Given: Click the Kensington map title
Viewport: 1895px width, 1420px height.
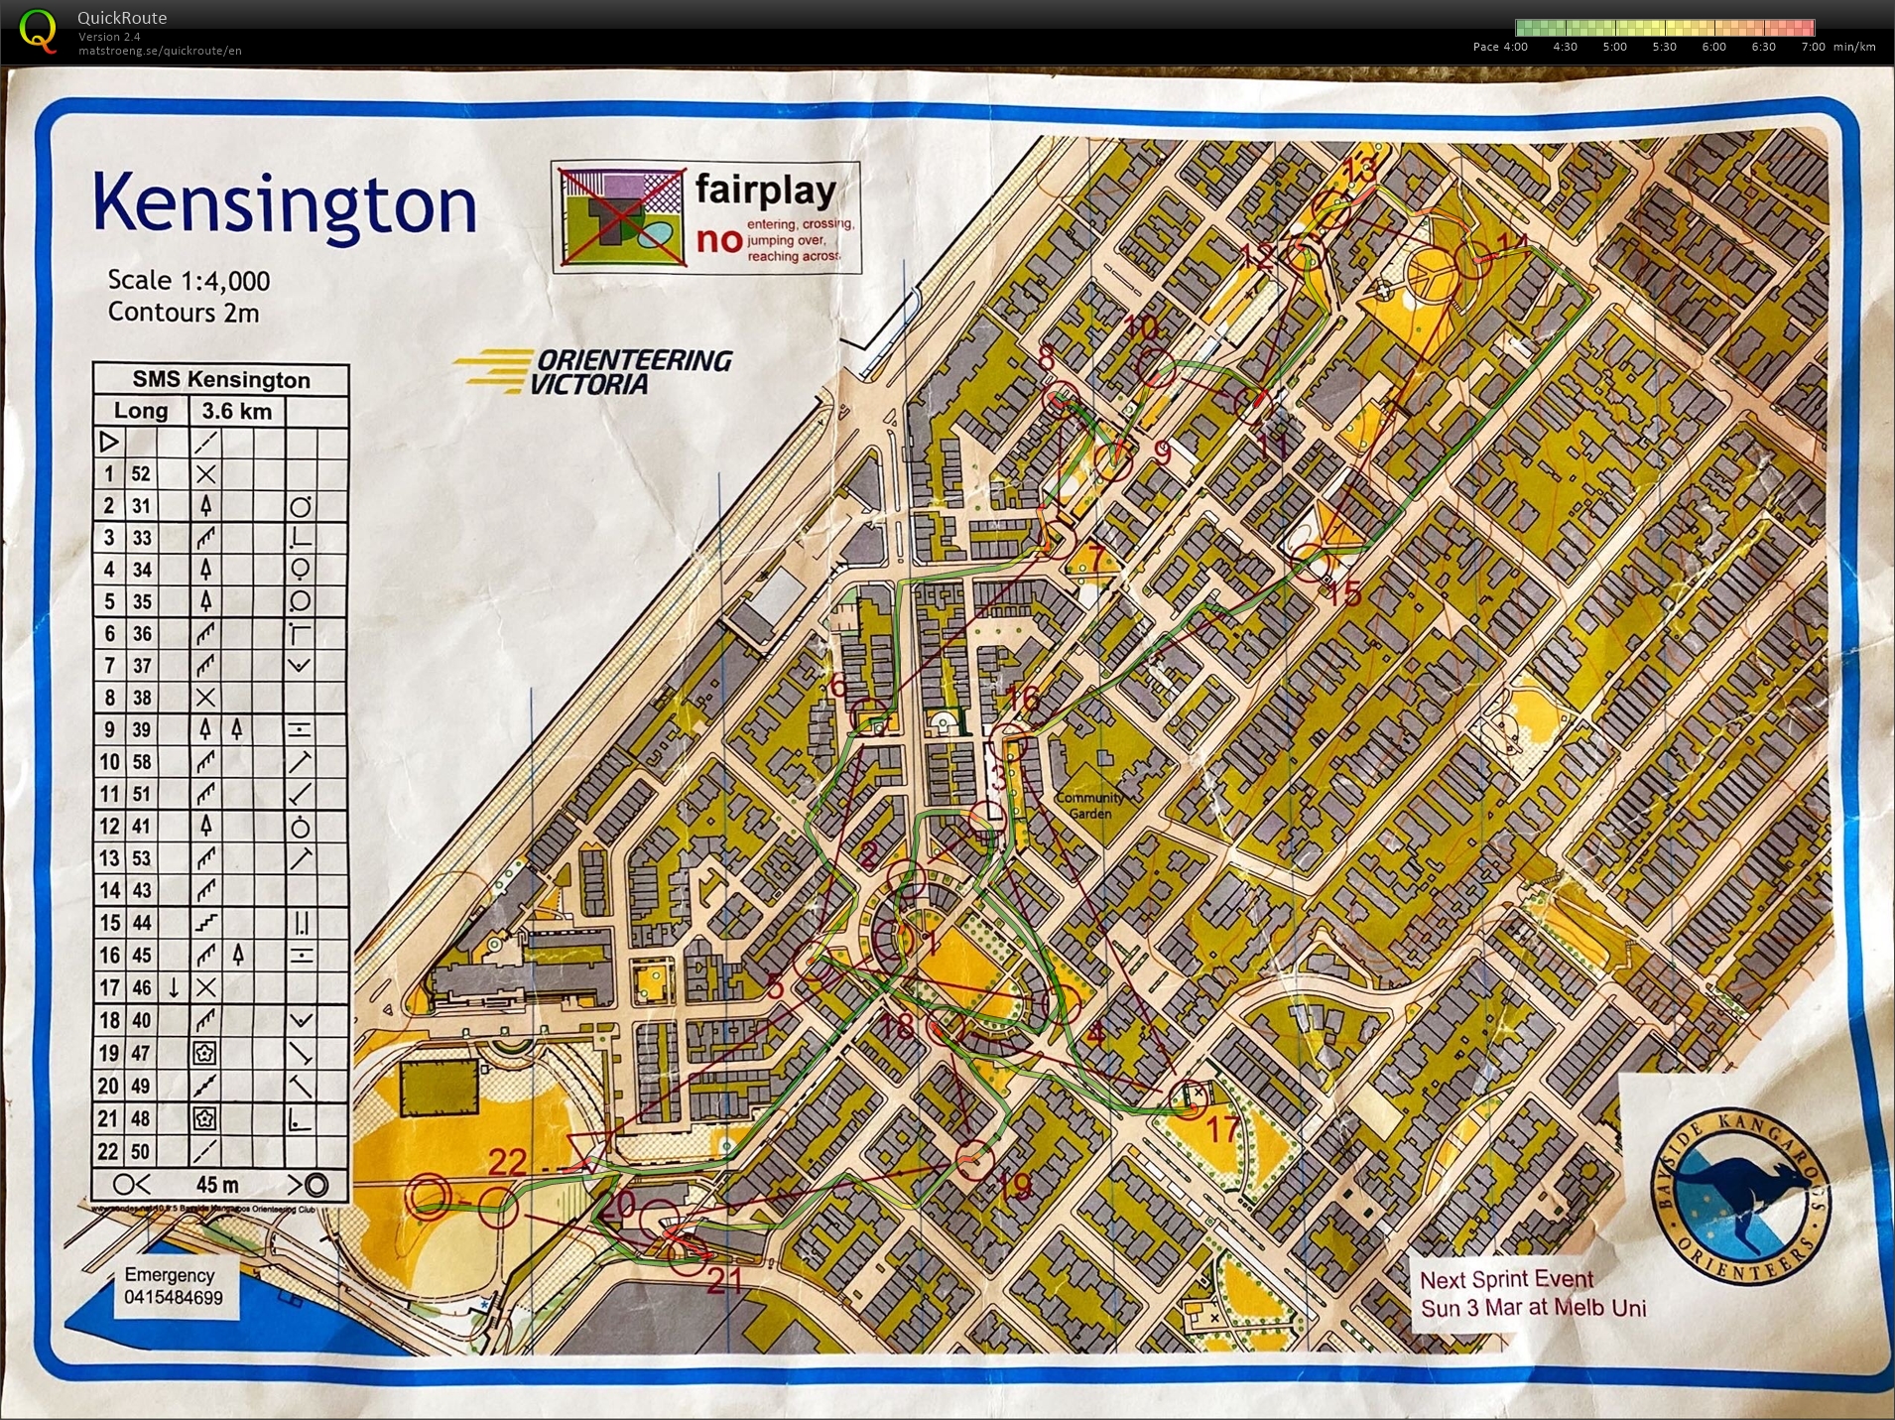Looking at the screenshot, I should click(x=285, y=203).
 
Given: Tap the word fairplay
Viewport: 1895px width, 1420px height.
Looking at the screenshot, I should click(x=765, y=189).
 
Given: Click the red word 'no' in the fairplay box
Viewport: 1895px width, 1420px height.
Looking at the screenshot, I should click(x=719, y=239).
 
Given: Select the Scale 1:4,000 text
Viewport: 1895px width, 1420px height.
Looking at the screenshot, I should click(x=189, y=281).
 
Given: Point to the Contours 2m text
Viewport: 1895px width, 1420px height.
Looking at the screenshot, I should click(x=184, y=313).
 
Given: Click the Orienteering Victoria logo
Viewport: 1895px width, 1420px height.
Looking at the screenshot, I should click(x=595, y=371).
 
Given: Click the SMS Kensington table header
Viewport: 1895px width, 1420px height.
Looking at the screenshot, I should click(x=221, y=379).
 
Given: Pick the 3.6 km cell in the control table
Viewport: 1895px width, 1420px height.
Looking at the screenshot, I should click(x=236, y=411).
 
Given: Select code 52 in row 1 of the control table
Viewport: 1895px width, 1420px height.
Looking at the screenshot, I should click(x=141, y=474).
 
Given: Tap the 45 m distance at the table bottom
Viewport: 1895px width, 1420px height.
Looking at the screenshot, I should click(x=217, y=1185).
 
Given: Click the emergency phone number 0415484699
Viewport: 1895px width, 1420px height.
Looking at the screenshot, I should click(x=174, y=1297).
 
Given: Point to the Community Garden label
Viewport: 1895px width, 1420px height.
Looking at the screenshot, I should click(x=1090, y=806).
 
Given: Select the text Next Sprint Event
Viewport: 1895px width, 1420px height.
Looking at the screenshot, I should click(x=1506, y=1279).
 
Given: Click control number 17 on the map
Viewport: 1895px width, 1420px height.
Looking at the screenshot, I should click(x=1222, y=1128).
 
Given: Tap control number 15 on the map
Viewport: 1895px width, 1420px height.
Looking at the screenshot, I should click(x=1343, y=593).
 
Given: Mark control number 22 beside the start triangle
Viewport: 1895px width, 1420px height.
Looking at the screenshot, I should click(x=507, y=1161).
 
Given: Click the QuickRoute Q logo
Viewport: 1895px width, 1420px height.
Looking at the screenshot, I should click(x=38, y=30).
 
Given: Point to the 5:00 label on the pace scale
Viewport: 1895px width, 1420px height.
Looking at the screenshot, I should click(x=1614, y=47).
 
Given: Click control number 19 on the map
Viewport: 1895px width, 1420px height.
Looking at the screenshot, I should click(x=1014, y=1186).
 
